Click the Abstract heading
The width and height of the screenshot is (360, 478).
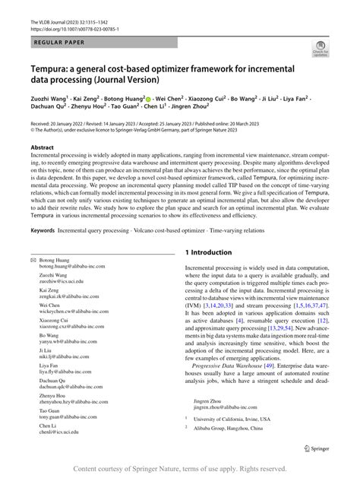(43, 147)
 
